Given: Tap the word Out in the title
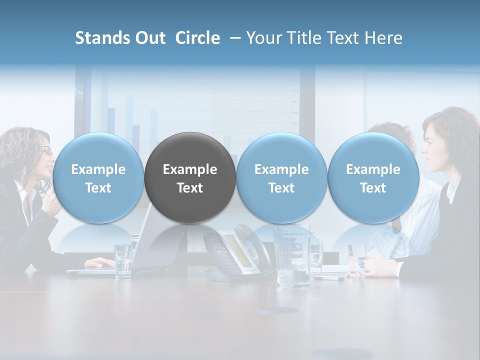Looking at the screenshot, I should (x=150, y=38).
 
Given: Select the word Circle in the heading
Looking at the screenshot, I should (x=197, y=38).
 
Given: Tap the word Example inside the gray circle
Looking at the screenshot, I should (x=190, y=169).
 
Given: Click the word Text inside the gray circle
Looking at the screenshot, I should (x=190, y=188).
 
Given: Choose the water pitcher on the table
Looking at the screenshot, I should (x=295, y=257).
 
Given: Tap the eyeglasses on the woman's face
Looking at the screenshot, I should (x=46, y=150).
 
